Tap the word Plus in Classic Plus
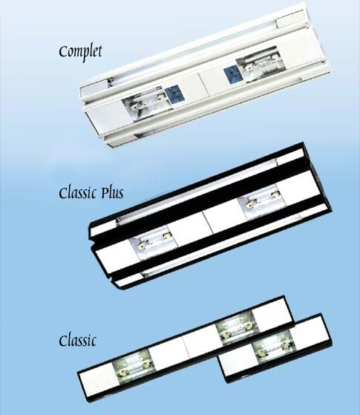click(112, 194)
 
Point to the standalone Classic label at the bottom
click(77, 340)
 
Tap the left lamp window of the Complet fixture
click(143, 104)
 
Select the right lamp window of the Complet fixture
click(261, 65)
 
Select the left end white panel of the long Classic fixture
click(98, 380)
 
